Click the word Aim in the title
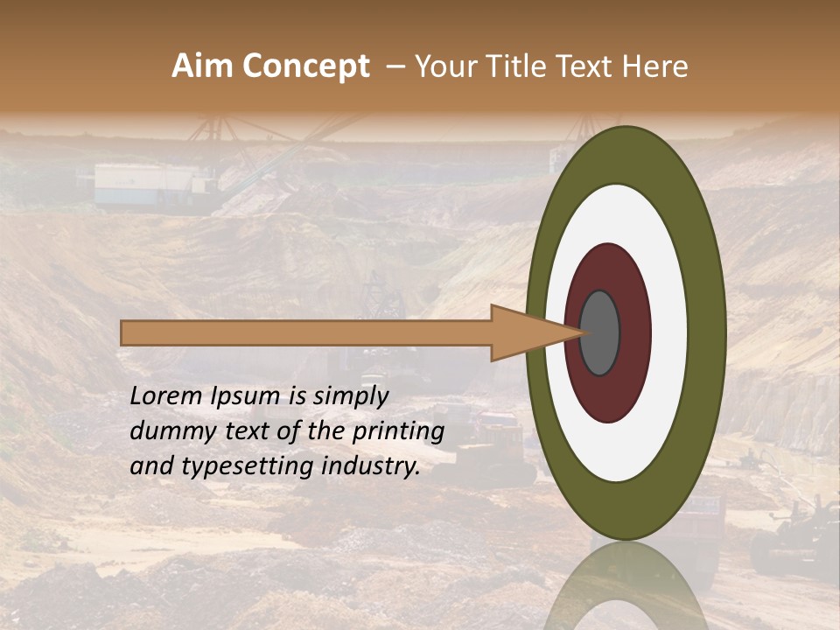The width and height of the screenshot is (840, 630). click(x=202, y=66)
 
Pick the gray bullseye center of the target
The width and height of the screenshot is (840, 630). click(x=599, y=333)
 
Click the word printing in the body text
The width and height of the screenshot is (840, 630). click(x=397, y=432)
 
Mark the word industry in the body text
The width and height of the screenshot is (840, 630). click(x=371, y=466)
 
